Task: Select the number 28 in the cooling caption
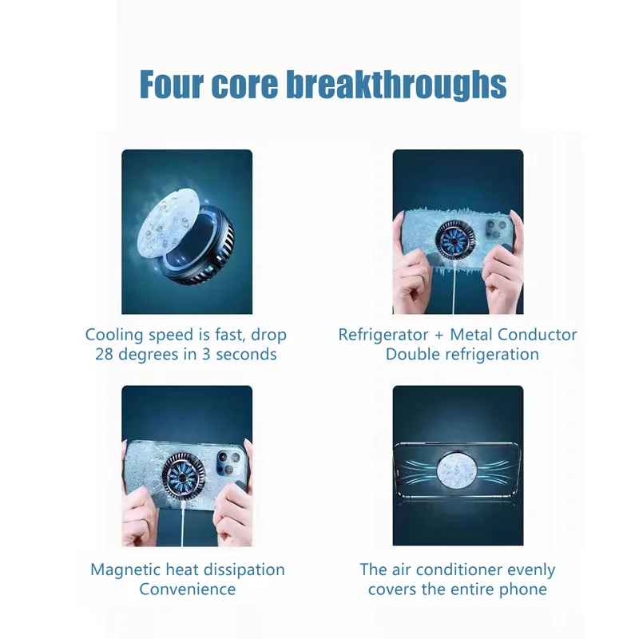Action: pos(105,354)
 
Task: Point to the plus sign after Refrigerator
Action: pos(440,335)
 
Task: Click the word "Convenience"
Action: pos(188,589)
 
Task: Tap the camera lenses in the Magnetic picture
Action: pos(228,462)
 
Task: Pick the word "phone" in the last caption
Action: pos(522,589)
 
